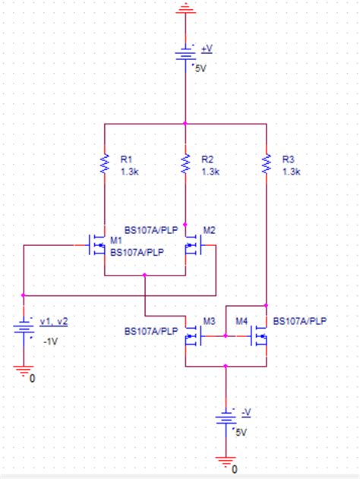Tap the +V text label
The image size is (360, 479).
(x=207, y=47)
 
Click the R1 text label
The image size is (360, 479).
(x=126, y=159)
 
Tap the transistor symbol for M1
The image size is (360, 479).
(x=97, y=245)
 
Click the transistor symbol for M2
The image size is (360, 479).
(x=192, y=245)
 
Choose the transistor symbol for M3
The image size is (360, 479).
(x=192, y=334)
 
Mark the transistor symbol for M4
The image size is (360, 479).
(x=259, y=334)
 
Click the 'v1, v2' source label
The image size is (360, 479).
(x=53, y=320)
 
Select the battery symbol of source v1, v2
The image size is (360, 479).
(x=24, y=328)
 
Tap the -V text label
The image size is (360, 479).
(x=245, y=411)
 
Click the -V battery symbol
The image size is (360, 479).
(x=226, y=420)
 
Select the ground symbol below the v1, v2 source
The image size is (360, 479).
(x=24, y=371)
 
